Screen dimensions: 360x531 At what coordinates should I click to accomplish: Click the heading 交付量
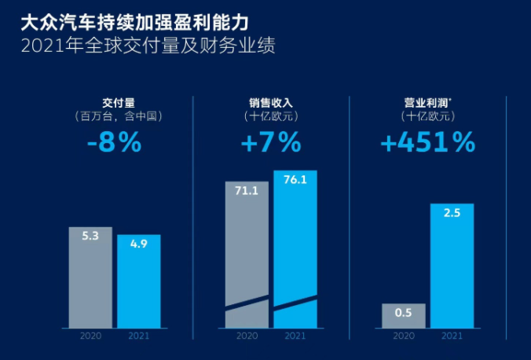click(115, 103)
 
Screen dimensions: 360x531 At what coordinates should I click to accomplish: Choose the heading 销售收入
click(271, 103)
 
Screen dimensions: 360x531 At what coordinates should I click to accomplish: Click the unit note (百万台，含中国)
click(115, 116)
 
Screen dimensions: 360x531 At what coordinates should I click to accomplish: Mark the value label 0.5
click(404, 312)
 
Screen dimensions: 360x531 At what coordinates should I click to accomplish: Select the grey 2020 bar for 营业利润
click(404, 316)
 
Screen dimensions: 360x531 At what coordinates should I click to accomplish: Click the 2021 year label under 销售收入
click(295, 336)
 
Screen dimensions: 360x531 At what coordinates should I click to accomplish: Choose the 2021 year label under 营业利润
click(452, 336)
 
